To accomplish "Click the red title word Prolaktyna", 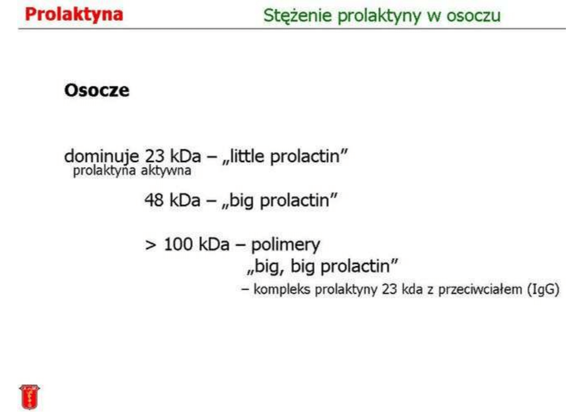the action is pos(74,15).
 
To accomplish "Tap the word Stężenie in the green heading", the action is pos(297,16).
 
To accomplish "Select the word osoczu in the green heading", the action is pos(474,15).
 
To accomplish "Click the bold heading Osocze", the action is pos(96,90).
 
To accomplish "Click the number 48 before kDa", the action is pos(154,200).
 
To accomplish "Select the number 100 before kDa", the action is pos(178,245).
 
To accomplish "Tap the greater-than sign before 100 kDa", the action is pos(150,245).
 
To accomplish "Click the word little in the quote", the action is pos(247,156).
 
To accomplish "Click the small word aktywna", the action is pos(166,171).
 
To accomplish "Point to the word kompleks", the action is pos(282,290).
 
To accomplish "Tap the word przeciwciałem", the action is pos(480,290).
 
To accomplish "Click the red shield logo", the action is pos(30,397).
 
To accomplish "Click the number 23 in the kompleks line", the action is pos(389,289).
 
